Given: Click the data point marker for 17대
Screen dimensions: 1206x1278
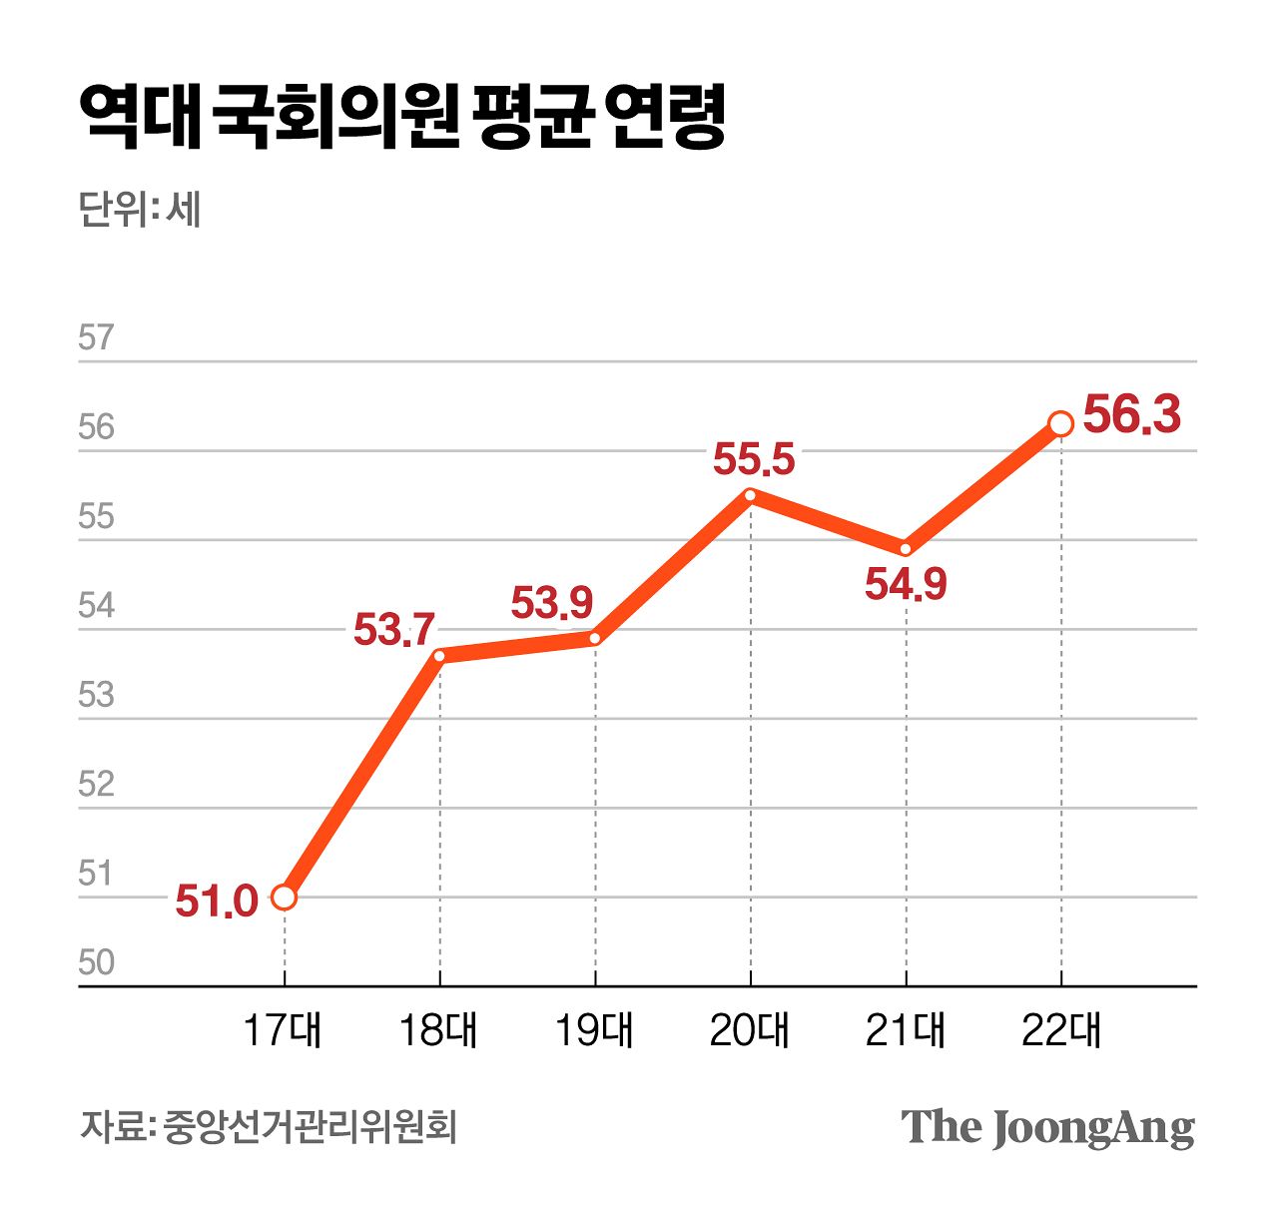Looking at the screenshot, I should [x=285, y=898].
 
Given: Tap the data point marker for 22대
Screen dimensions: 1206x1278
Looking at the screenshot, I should [x=1060, y=424].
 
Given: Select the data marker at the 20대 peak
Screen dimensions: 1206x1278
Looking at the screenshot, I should [x=750, y=494].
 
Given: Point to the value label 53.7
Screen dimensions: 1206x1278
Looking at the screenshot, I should [x=394, y=630].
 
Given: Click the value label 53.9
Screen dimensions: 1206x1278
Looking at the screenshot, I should [x=551, y=603].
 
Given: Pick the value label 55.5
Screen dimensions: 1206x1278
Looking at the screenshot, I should [x=754, y=460].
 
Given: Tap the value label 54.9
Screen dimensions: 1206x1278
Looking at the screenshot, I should [x=906, y=584].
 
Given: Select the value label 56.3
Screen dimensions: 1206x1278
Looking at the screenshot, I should [x=1132, y=414].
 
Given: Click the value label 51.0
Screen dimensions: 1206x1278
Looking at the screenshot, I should [x=217, y=901].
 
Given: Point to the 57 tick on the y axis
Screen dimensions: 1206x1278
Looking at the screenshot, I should [x=96, y=338].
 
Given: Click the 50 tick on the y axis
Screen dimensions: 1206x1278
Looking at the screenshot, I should [x=96, y=962].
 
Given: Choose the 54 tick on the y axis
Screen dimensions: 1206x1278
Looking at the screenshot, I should [x=96, y=606].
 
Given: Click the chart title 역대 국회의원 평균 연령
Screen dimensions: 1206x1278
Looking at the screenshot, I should [x=401, y=118].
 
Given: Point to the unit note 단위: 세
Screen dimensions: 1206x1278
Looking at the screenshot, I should [x=140, y=210].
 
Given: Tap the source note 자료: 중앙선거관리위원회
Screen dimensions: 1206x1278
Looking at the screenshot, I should [x=269, y=1127].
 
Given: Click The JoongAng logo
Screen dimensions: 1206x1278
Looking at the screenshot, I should [x=1047, y=1127].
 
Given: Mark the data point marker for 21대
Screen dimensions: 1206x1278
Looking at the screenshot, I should [x=906, y=548].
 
